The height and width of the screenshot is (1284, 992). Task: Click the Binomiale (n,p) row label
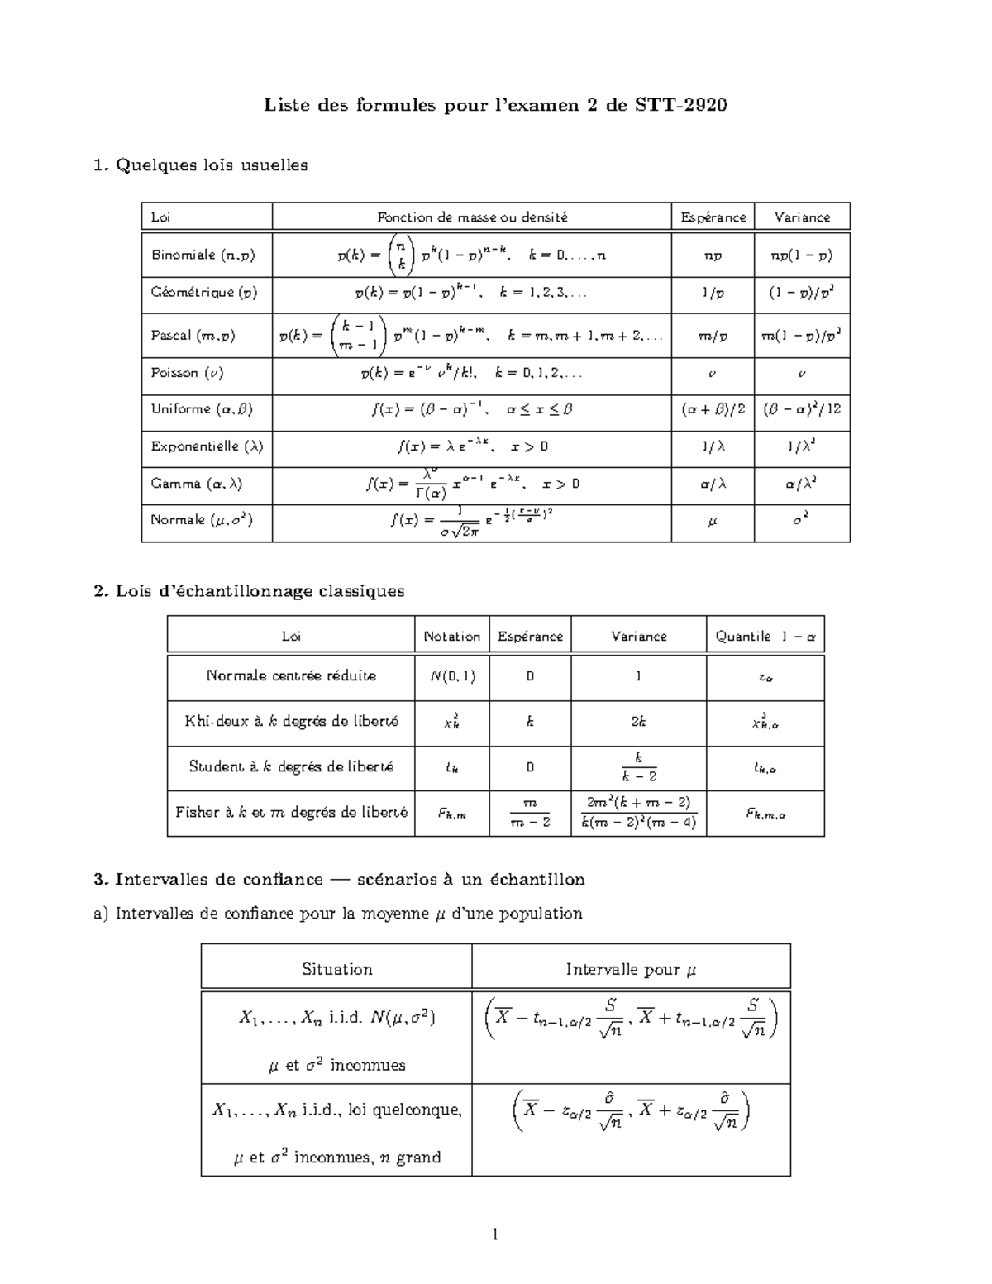203,255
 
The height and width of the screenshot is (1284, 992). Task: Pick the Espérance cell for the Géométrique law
712,292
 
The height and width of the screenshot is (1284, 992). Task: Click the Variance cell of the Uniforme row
801,409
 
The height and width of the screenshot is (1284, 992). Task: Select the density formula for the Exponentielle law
472,446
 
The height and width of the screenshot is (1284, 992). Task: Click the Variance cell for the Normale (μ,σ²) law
801,522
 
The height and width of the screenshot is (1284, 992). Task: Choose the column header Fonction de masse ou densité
472,217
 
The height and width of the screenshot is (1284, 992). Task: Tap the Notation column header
451,636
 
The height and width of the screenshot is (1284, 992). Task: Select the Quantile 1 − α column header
765,636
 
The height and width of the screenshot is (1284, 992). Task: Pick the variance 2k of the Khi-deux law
638,721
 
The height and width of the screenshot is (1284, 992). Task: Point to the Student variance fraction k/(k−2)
638,767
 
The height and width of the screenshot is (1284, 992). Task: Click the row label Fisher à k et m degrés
291,812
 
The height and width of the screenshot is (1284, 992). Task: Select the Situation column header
336,969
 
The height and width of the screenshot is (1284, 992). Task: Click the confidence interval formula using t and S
631,1019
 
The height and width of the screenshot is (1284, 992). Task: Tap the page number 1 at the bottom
495,1235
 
